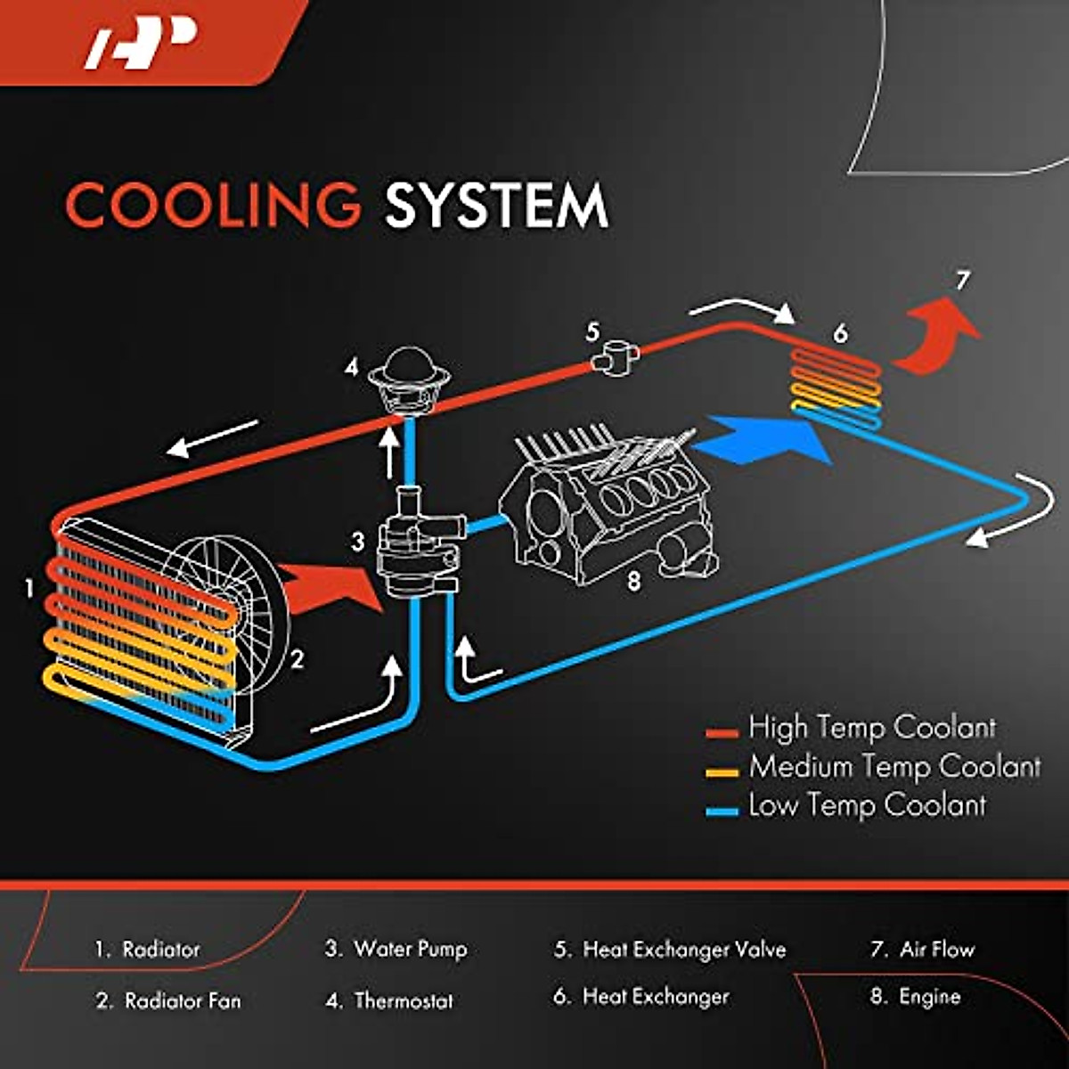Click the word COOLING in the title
tap(213, 205)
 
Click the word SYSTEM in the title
tap(496, 206)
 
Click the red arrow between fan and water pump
tap(334, 588)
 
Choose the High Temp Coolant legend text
tap(871, 728)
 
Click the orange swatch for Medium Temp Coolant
tap(722, 771)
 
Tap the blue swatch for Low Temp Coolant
tap(722, 811)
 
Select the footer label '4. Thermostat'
tap(390, 1001)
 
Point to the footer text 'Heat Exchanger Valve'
tap(684, 950)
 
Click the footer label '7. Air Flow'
tap(922, 950)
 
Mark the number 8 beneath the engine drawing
tap(633, 582)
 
